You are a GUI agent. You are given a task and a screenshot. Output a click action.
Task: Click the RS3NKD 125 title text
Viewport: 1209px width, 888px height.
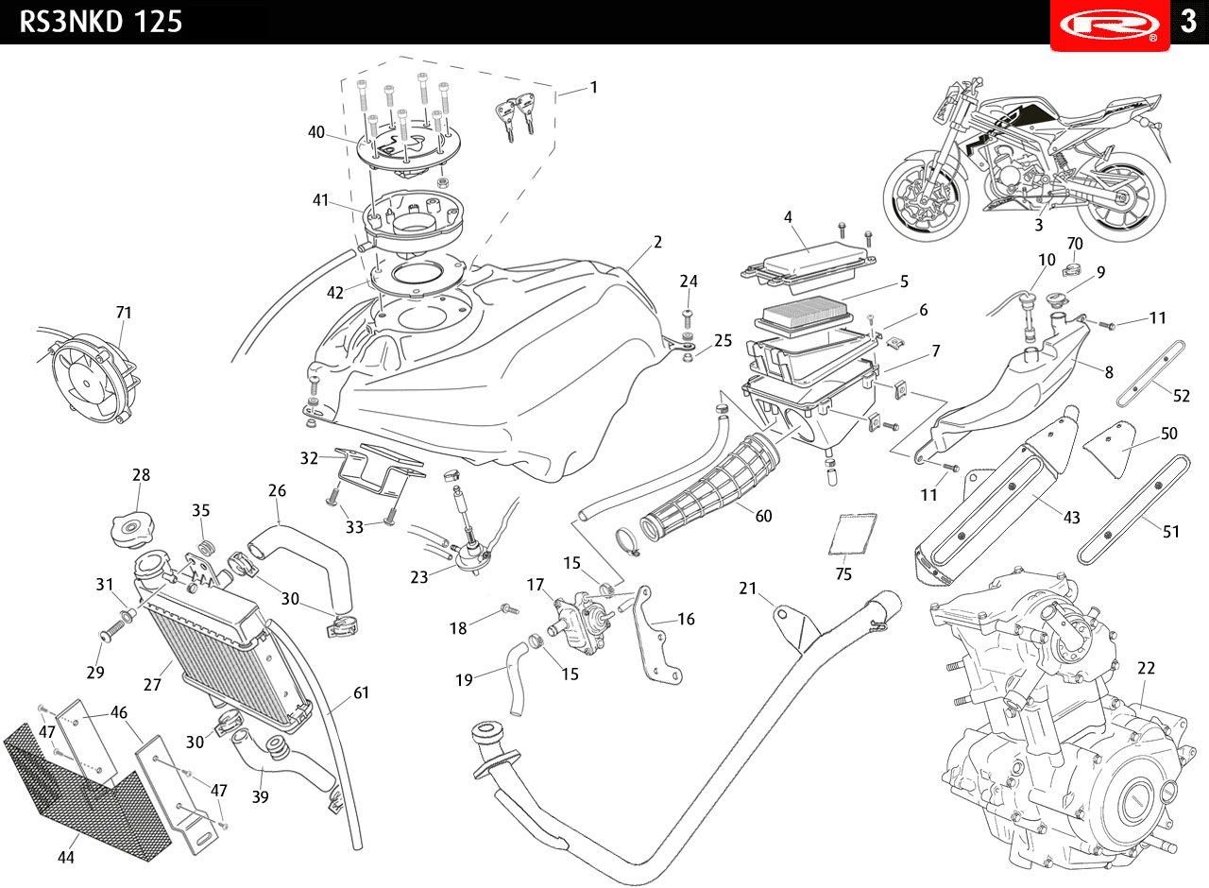coord(101,22)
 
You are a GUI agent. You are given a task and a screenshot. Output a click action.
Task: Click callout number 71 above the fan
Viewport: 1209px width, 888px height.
coord(124,313)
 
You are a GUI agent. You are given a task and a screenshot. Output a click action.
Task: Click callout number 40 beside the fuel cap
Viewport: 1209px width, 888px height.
coord(316,132)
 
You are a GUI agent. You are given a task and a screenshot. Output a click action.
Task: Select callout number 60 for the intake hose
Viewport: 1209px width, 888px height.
coord(763,516)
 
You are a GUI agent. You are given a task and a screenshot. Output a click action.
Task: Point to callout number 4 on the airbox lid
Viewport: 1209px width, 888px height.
coord(788,217)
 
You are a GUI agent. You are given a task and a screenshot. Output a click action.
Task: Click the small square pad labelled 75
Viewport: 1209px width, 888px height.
coord(853,534)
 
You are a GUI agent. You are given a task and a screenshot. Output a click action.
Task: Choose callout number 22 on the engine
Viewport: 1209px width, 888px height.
coord(1146,669)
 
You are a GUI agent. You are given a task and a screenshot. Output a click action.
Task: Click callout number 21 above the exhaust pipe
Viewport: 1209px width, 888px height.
coord(748,589)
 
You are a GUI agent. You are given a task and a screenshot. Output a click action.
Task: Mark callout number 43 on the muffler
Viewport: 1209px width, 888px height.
coord(1071,518)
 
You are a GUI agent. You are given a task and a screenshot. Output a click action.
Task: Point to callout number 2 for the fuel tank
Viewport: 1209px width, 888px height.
coord(657,242)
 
